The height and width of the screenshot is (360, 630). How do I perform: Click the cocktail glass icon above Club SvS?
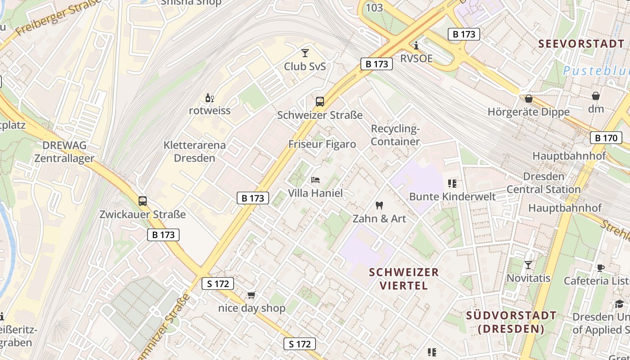305,53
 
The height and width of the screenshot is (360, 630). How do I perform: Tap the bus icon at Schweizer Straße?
320,102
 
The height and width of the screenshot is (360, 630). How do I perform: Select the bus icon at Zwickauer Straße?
143,201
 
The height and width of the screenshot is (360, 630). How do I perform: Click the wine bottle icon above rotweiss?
209,98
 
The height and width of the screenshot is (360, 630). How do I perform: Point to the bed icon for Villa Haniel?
315,180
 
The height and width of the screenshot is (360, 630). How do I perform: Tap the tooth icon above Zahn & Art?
379,206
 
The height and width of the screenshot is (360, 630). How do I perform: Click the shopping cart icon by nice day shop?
251,295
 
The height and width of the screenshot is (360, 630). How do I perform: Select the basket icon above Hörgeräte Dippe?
529,98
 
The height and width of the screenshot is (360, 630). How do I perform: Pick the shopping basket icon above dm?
596,96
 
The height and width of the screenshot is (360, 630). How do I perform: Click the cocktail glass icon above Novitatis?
528,265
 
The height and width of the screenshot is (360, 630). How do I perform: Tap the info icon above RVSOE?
416,45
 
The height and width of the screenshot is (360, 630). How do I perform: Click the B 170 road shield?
606,138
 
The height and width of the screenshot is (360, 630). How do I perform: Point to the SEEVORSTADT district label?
581,44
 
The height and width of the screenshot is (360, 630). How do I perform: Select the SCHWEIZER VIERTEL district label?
404,279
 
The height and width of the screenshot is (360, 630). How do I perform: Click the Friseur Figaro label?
322,144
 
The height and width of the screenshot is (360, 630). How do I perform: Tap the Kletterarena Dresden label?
195,152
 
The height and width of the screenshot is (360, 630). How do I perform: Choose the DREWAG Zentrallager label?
64,152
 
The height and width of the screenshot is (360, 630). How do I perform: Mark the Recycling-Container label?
395,135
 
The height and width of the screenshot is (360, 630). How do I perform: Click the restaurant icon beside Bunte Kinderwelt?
452,184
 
